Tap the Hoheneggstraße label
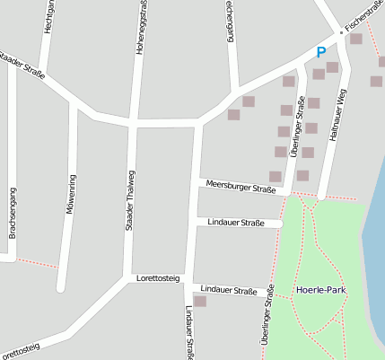point(142,27)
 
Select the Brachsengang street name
point(13,214)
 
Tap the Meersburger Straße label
point(241,189)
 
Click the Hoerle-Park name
point(321,291)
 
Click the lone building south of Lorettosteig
point(200,301)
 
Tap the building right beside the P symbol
point(333,67)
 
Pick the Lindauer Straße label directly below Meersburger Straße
point(236,222)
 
